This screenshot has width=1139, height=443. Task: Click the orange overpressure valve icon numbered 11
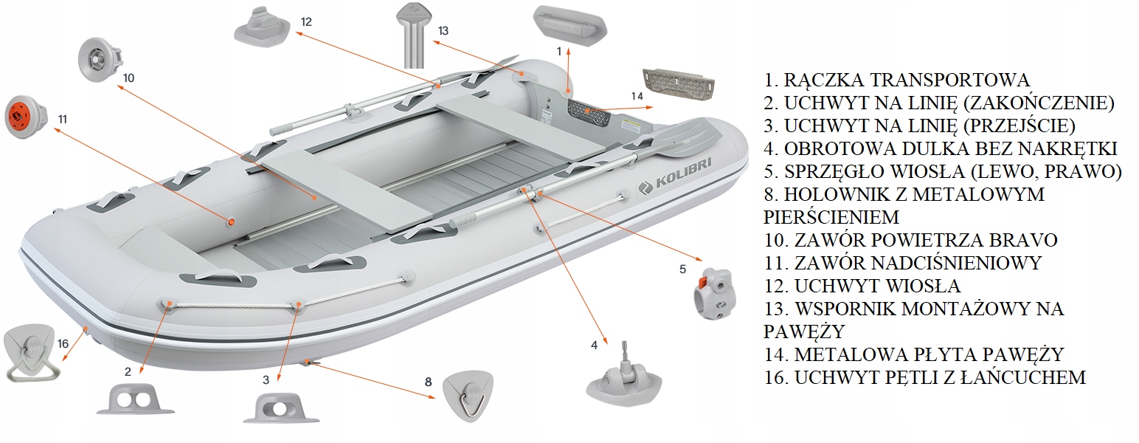coord(24,117)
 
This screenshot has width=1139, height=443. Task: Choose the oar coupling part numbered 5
coord(716,295)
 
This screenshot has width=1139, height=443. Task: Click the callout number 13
coord(443,31)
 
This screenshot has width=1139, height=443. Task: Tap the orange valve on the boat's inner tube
coord(231,221)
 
